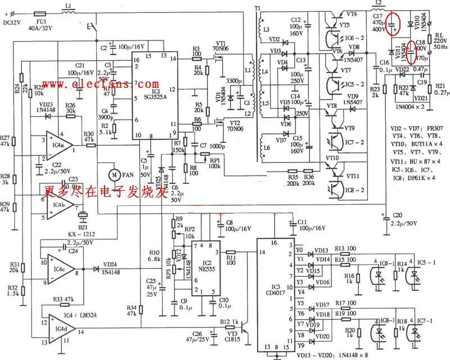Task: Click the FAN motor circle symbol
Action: [x=114, y=175]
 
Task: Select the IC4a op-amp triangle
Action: [x=56, y=144]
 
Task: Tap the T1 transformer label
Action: [x=257, y=9]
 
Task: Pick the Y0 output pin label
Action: [x=299, y=249]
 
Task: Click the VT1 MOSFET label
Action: [x=220, y=43]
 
